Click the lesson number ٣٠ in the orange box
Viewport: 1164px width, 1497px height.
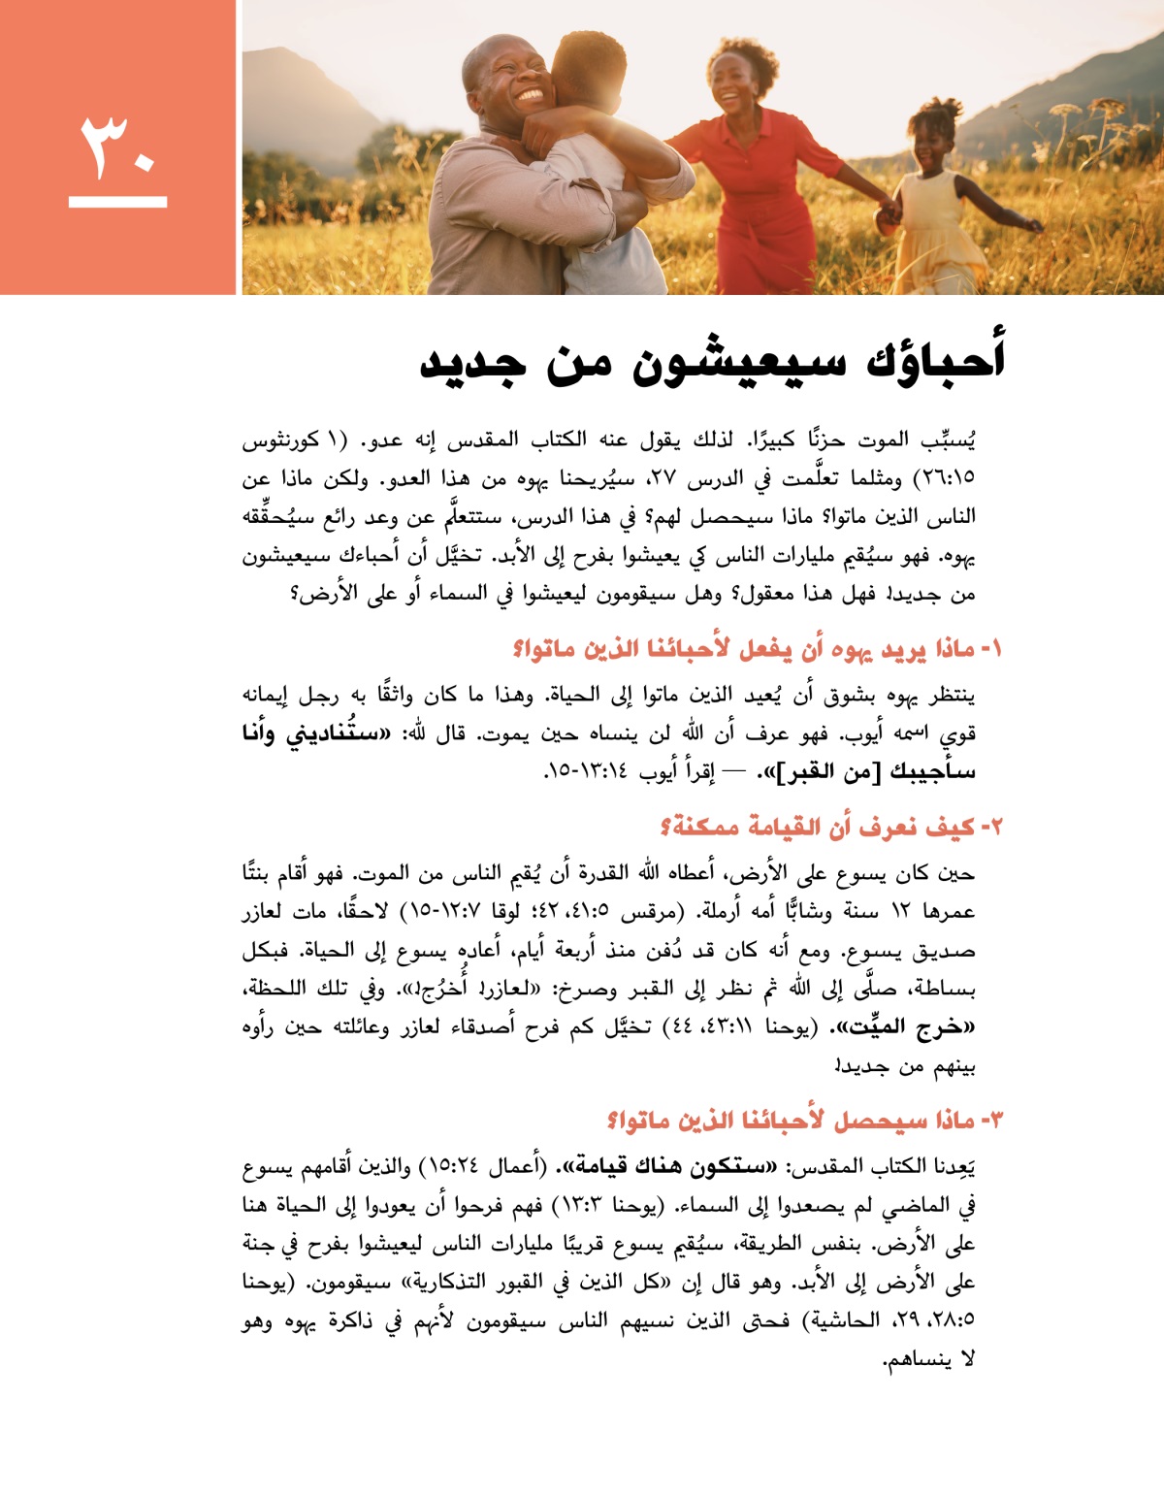coord(118,146)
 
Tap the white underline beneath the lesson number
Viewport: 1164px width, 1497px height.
coord(118,202)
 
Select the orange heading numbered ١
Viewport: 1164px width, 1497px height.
coord(758,648)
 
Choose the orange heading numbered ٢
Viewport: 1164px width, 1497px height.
coord(830,827)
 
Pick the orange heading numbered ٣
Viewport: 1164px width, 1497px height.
coord(804,1121)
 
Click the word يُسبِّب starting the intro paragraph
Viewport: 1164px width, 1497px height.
coord(947,439)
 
